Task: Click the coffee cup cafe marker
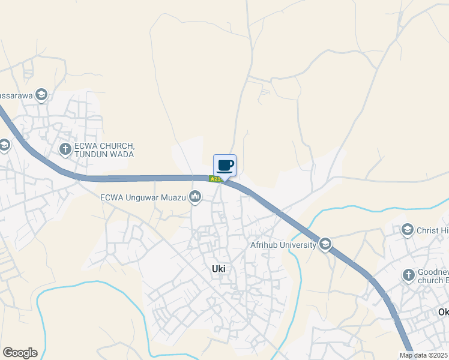[224, 165]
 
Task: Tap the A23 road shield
[215, 179]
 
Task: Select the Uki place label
[218, 269]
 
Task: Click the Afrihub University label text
[283, 245]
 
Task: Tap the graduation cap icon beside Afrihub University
[325, 244]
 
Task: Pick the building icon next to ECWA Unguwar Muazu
[194, 196]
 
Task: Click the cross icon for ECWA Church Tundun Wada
[65, 148]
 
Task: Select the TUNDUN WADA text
[104, 154]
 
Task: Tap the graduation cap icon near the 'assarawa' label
[41, 94]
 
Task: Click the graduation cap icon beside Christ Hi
[408, 230]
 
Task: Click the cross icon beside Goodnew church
[408, 275]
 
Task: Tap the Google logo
[20, 353]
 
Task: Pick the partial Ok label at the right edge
[443, 312]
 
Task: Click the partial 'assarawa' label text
[15, 95]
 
